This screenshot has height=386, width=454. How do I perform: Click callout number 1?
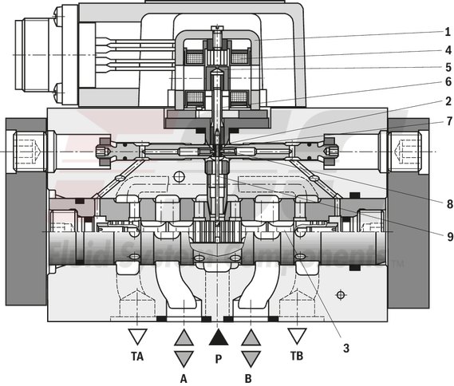tap(448, 33)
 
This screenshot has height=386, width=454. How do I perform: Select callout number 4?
tap(448, 49)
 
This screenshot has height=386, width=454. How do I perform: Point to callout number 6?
tap(448, 83)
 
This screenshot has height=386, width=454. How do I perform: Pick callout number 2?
tap(448, 101)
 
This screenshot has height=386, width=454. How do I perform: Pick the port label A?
tap(184, 378)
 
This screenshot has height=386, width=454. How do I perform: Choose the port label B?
tap(250, 378)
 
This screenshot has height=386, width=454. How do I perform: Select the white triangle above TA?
tap(139, 335)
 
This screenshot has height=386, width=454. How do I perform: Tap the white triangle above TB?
tap(298, 335)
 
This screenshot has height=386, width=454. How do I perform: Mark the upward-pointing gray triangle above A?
tap(184, 338)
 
